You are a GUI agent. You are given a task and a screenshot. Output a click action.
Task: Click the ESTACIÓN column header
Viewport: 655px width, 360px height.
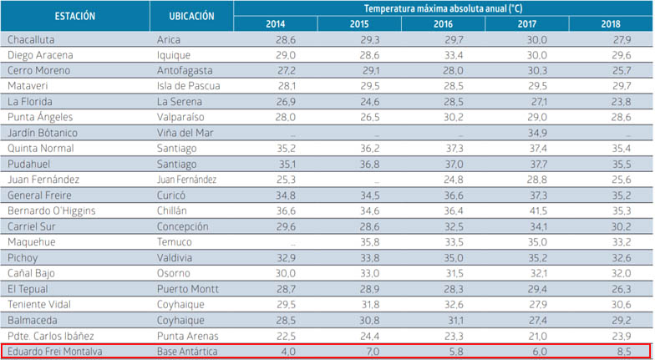tap(75, 16)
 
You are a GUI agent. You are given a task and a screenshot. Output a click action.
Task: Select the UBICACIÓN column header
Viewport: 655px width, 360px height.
tap(191, 16)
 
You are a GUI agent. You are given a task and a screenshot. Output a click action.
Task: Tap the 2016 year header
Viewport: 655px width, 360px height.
tap(443, 24)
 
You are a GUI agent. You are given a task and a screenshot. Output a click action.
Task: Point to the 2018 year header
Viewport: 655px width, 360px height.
tap(611, 24)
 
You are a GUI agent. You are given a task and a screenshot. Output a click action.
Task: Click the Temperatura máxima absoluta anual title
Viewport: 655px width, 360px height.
tap(443, 8)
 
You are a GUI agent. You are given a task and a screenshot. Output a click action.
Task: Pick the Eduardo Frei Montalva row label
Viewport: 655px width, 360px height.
tap(54, 351)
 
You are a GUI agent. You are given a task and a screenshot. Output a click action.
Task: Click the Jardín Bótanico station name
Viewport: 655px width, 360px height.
tap(43, 133)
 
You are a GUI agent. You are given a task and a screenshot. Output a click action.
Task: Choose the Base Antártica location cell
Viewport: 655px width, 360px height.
tap(187, 351)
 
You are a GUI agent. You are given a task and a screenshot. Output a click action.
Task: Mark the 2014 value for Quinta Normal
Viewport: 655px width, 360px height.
tap(286, 149)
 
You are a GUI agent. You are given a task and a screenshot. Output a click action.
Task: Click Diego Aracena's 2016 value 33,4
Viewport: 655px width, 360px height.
tap(454, 55)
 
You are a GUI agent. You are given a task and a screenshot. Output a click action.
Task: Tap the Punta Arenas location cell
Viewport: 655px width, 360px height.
tap(189, 335)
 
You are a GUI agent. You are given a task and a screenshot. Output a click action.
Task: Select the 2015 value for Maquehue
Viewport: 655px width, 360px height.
tap(370, 241)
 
